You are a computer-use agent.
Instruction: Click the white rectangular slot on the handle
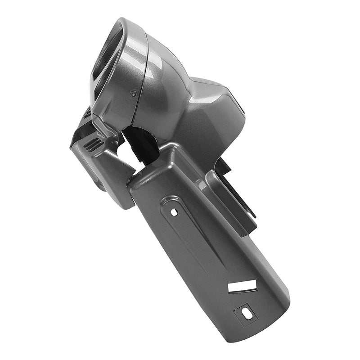(242, 286)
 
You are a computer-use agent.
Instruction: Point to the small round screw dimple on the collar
(133, 94)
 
